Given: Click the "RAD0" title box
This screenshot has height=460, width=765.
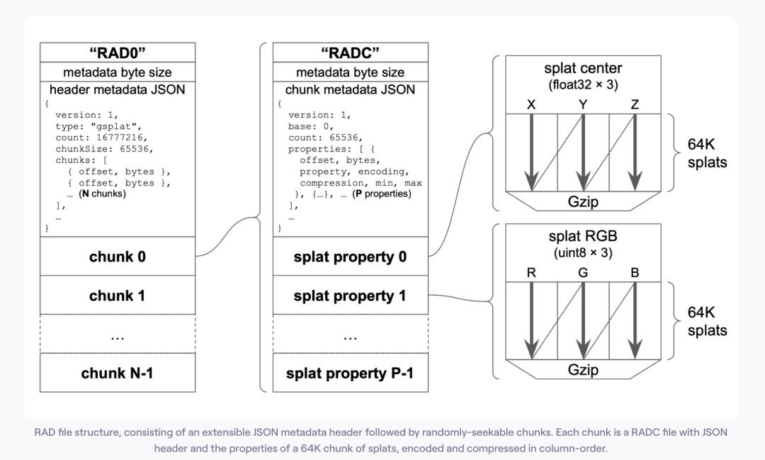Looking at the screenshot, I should coord(118,53).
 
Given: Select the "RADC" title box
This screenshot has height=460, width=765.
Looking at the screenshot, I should coord(350,53).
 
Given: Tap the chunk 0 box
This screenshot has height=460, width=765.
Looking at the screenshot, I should coord(118,256).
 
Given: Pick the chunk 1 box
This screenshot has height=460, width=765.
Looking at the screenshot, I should coord(118,295).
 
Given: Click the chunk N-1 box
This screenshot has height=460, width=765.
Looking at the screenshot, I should coord(118,371).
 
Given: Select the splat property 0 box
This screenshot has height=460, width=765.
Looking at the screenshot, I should coord(350,257).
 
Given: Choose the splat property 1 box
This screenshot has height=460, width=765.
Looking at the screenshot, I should coord(350,295).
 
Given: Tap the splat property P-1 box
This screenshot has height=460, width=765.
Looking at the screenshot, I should coord(350,371).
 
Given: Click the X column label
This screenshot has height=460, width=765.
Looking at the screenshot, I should coord(531,105).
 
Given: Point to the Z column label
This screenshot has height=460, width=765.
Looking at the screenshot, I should coord(635,105).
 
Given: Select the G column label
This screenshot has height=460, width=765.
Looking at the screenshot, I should coord(582,274).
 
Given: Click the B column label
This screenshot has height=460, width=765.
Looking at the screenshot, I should coord(635,274).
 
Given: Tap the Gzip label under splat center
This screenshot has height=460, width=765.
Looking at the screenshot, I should coord(583,202).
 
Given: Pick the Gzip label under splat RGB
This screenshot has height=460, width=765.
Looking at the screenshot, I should coord(583,369).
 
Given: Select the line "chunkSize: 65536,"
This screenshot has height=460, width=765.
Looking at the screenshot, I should coord(94,150).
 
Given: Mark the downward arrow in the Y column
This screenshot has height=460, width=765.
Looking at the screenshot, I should coord(583,152).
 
